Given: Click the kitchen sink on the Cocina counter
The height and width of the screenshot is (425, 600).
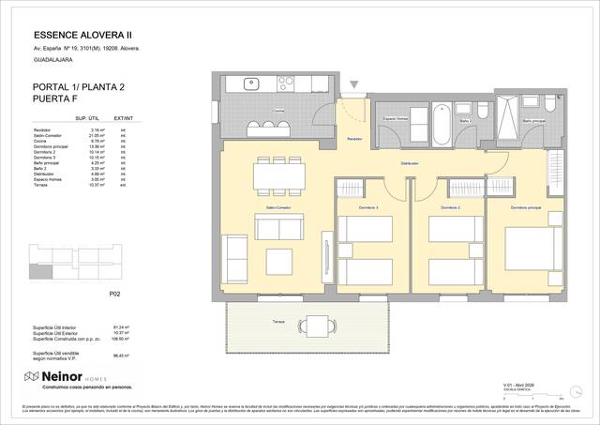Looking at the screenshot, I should coord(251,84).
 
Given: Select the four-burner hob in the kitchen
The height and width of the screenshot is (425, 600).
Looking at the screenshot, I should coord(281,84).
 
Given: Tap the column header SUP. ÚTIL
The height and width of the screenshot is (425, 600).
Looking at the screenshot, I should coord(87,119).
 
